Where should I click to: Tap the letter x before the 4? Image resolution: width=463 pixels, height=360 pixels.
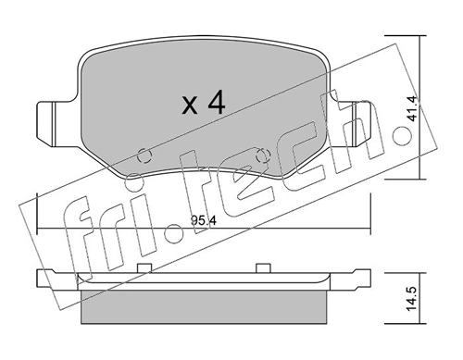click(189, 106)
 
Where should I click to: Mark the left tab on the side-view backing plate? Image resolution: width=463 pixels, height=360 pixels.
click(144, 267)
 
